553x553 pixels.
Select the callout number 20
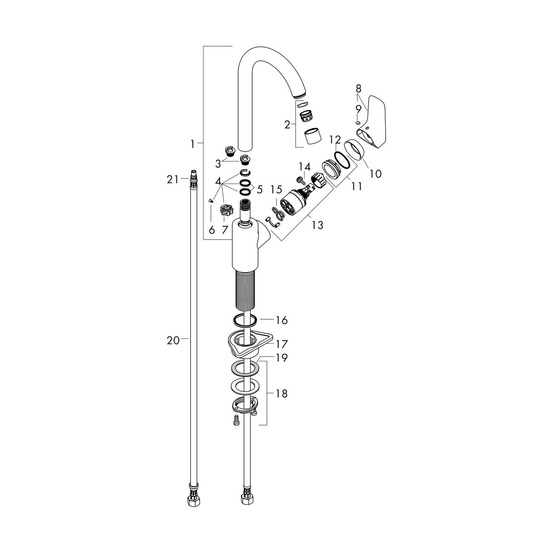coord(173,341)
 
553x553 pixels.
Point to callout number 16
coord(282,320)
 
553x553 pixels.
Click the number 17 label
coord(282,344)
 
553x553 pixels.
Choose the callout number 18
coord(282,394)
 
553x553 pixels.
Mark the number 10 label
coord(375,173)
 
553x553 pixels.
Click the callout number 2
coord(288,125)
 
